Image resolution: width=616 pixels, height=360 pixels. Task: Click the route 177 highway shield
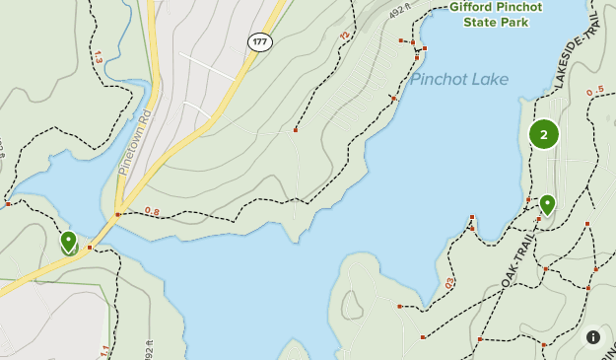click(259, 41)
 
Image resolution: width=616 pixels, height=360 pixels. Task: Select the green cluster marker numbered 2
click(544, 134)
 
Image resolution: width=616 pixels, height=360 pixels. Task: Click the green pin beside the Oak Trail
click(546, 204)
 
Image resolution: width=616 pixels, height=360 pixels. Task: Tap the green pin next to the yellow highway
click(69, 241)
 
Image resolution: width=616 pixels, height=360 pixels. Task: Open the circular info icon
click(593, 337)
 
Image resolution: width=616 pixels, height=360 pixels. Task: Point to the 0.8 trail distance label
click(152, 210)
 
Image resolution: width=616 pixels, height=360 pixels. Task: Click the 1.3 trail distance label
click(97, 58)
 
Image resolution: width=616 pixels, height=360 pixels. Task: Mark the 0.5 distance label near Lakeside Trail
click(594, 93)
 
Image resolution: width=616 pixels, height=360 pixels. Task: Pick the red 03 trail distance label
click(449, 282)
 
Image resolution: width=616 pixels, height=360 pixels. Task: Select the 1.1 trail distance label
click(103, 350)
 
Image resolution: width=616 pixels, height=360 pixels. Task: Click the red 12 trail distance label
click(345, 36)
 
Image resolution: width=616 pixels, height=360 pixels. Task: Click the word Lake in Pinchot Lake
click(486, 79)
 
